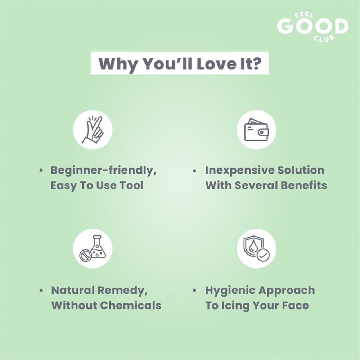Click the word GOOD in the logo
pos(313,26)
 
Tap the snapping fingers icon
pos(93,130)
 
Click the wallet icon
pos(256,130)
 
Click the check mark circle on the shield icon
pos(263,255)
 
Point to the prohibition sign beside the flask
pos(86,256)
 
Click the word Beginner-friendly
pos(104,171)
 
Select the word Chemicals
pos(131,305)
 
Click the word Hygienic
pos(230,291)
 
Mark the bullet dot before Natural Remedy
pos(41,291)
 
